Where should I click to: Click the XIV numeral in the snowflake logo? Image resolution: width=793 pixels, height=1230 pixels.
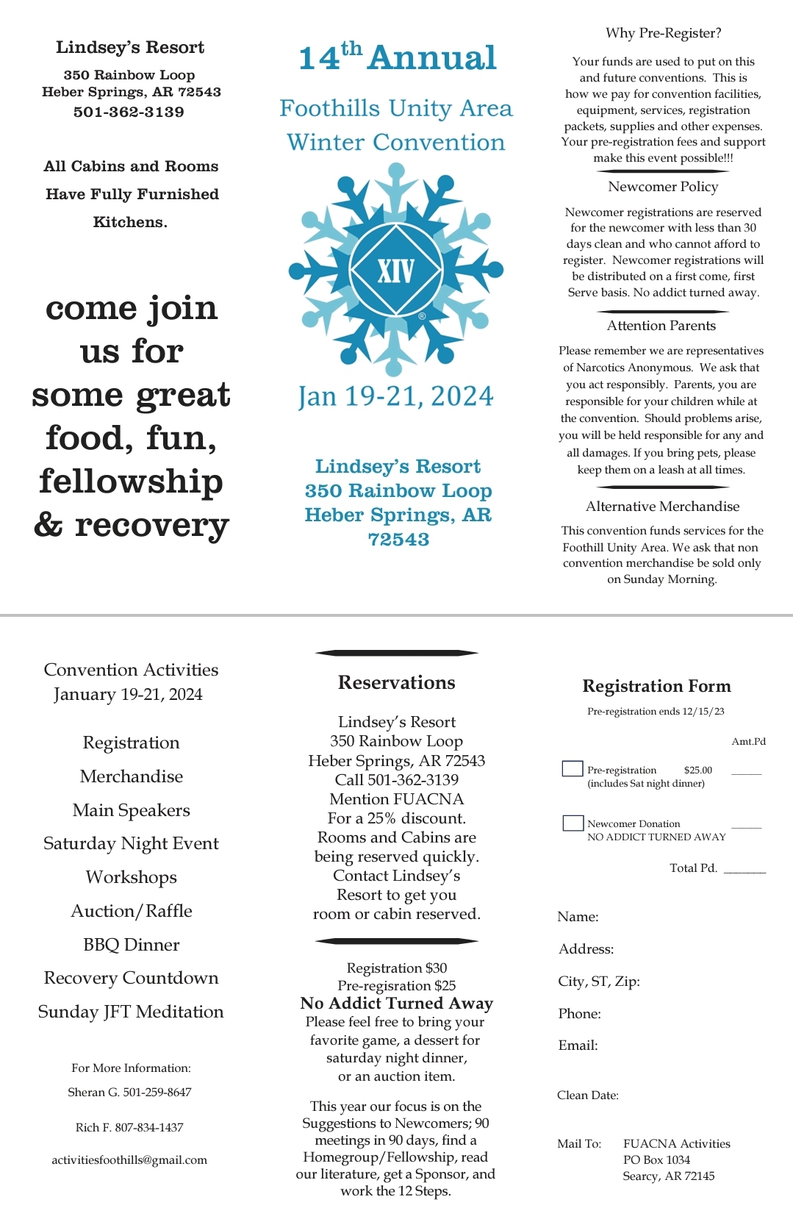click(x=396, y=271)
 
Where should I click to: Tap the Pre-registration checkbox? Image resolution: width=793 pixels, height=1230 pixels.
click(x=572, y=769)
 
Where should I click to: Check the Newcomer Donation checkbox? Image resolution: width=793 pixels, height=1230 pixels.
click(x=573, y=823)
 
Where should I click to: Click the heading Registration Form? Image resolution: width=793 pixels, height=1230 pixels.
click(x=656, y=686)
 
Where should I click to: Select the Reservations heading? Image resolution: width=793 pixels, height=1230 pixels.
click(x=396, y=682)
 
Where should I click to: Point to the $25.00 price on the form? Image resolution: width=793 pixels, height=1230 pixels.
click(x=697, y=770)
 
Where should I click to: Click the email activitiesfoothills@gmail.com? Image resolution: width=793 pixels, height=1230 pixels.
click(x=129, y=1159)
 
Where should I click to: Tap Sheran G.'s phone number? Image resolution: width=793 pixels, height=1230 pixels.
click(x=157, y=1092)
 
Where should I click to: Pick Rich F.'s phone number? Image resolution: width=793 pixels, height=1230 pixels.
click(x=149, y=1127)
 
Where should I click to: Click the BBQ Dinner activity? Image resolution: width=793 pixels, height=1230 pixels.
click(x=131, y=945)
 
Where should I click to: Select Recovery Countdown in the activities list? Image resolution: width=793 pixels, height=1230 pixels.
click(x=131, y=978)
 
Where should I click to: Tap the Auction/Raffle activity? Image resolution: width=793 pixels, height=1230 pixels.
click(x=131, y=911)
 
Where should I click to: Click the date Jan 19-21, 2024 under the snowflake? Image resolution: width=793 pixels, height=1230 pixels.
click(x=396, y=396)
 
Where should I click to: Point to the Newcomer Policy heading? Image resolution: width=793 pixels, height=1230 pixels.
click(x=662, y=187)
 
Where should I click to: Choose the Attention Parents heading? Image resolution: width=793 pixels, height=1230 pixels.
click(x=661, y=326)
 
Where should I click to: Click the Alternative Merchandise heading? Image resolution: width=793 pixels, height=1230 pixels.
click(x=662, y=507)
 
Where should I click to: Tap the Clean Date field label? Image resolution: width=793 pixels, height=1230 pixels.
click(x=587, y=1095)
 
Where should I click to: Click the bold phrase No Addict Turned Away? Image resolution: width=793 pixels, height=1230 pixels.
click(x=396, y=1004)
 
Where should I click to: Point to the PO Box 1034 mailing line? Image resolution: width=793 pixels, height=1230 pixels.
click(x=656, y=1159)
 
